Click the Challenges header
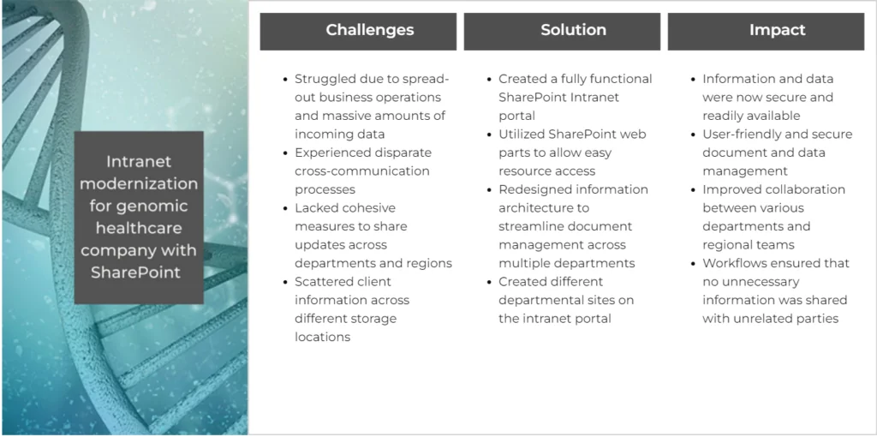(369, 30)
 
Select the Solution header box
(573, 30)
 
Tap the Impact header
(777, 30)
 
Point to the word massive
(348, 116)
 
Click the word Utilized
(524, 135)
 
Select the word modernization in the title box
(139, 184)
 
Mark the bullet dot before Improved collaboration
(694, 190)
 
